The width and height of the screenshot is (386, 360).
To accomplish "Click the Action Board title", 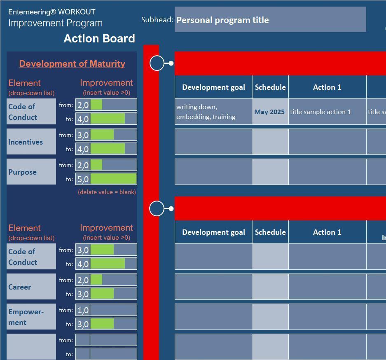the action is [x=99, y=39].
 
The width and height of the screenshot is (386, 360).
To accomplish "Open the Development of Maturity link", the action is [x=72, y=64].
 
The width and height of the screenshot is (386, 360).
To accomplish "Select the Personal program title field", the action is [x=270, y=19].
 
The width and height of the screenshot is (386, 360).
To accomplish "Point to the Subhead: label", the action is [x=157, y=20].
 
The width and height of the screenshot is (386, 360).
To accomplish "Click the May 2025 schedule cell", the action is [x=271, y=112].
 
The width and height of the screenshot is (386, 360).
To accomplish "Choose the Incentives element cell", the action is [x=31, y=142].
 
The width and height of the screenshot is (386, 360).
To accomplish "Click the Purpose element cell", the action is [x=31, y=172].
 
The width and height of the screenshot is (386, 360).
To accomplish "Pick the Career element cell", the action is [x=31, y=287].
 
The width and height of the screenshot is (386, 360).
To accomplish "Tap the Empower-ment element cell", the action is [x=31, y=317].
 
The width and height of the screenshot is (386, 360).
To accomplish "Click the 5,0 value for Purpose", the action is [x=83, y=179].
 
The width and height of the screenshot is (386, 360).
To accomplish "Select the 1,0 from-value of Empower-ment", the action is [x=83, y=310].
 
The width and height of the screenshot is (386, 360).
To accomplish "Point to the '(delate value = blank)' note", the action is [x=107, y=192].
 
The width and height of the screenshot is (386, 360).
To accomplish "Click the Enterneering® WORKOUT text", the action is [x=51, y=12].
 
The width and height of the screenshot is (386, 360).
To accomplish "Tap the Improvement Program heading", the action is [x=55, y=23].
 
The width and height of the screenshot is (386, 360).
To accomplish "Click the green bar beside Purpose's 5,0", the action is [x=113, y=179].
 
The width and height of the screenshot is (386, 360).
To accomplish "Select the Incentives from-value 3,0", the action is [x=83, y=135].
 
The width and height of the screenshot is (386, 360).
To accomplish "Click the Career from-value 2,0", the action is [x=83, y=280].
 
